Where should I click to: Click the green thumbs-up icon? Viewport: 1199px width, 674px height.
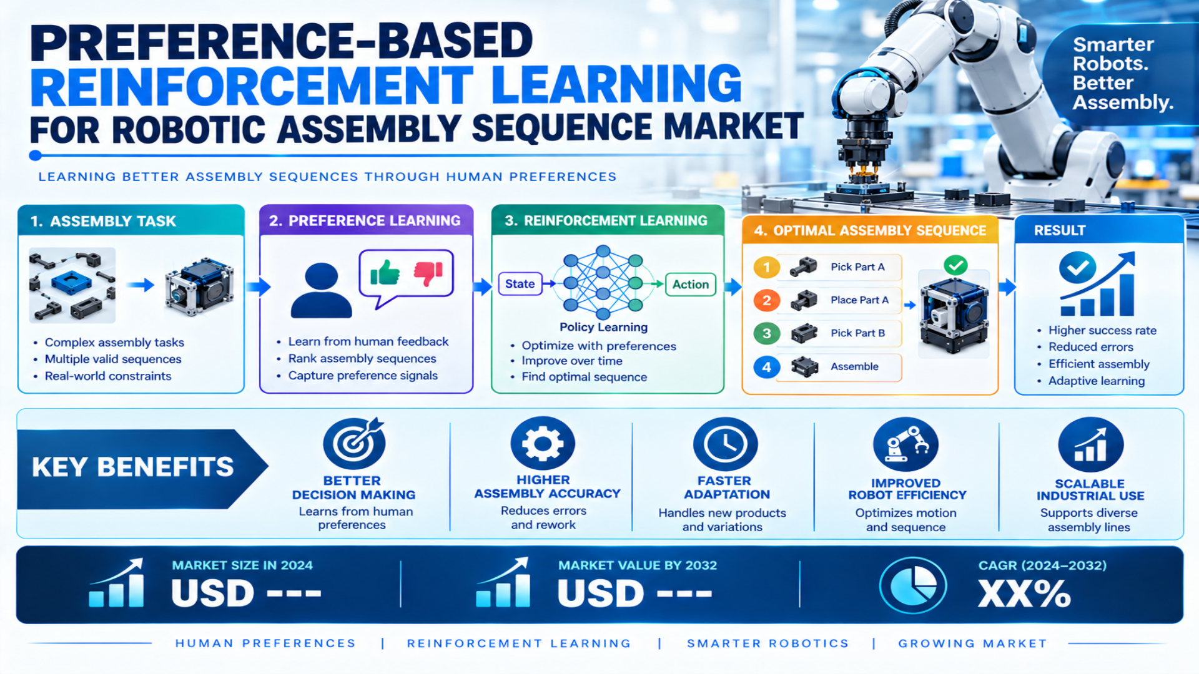[x=385, y=272]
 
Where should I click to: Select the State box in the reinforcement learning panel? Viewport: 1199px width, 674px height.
[x=520, y=284]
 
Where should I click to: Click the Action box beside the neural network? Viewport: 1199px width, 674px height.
[x=690, y=285]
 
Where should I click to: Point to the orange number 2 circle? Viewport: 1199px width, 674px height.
[x=766, y=301]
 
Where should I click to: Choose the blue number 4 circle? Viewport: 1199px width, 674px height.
[x=766, y=367]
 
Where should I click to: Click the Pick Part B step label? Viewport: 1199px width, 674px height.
[x=857, y=333]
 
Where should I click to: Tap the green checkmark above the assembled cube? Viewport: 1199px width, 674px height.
[x=955, y=265]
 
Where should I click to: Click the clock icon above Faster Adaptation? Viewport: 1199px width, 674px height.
[x=725, y=444]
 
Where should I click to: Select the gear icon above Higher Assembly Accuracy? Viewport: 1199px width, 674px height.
[x=543, y=443]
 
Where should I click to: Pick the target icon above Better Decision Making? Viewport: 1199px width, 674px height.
[x=354, y=443]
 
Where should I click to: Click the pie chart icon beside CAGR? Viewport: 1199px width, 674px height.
[x=913, y=585]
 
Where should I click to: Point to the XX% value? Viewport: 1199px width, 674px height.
[x=1024, y=593]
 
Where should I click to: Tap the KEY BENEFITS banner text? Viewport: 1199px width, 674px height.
[x=133, y=467]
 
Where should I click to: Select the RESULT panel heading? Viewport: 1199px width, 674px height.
[x=1060, y=230]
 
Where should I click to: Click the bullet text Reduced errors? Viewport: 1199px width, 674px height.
[x=1090, y=347]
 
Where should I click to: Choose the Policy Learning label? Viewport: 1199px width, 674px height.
[x=603, y=327]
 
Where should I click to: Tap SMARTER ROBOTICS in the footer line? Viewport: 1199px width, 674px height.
[x=767, y=643]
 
